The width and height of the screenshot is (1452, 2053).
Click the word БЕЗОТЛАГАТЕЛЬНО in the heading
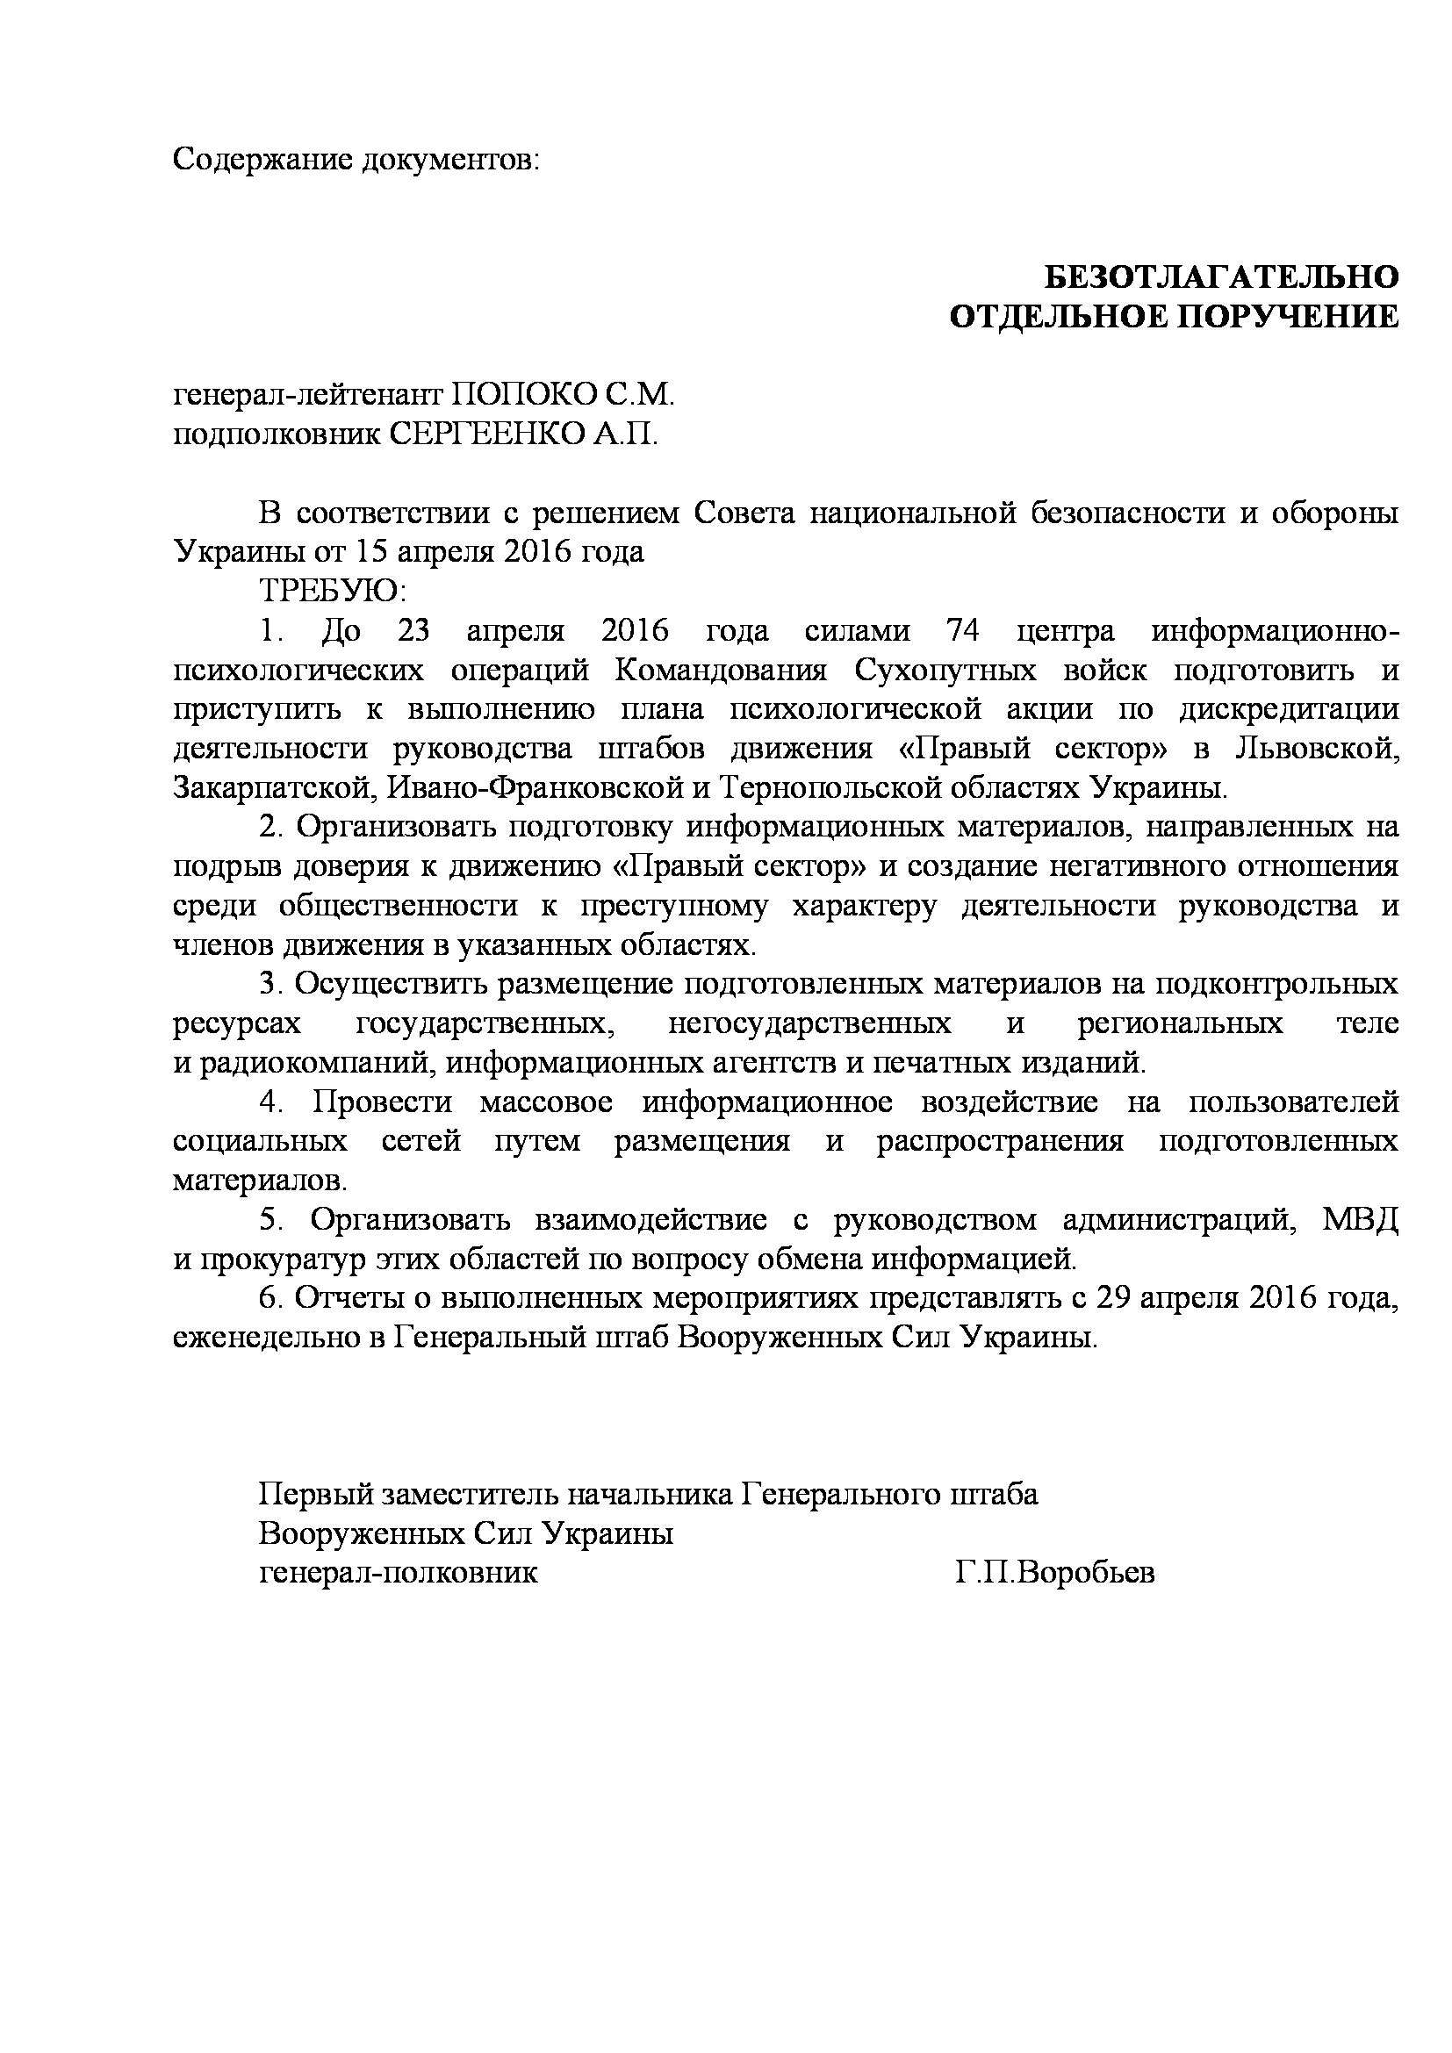click(1221, 278)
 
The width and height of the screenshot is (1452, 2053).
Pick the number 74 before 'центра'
click(962, 630)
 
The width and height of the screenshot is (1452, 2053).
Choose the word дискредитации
click(1289, 709)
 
